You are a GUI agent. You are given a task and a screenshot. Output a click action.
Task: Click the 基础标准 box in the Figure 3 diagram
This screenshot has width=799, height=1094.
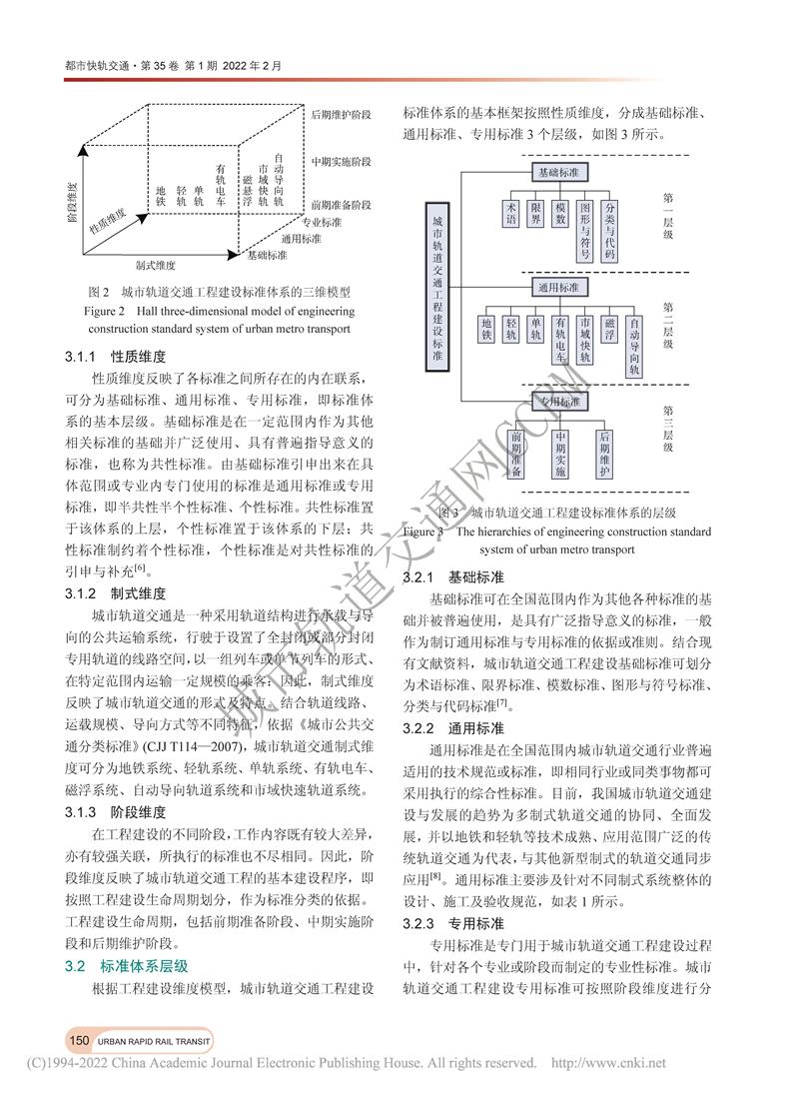click(559, 172)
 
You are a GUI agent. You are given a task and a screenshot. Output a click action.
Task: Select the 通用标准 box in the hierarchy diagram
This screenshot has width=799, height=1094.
click(559, 288)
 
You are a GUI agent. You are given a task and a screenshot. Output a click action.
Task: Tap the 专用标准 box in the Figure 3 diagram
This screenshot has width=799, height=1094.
click(559, 401)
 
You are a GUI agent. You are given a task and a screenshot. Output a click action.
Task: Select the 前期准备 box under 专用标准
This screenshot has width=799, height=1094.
click(515, 455)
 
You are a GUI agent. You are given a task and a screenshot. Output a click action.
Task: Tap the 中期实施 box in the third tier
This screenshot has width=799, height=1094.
click(560, 455)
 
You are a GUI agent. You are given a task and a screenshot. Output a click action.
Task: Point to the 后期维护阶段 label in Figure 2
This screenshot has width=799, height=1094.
click(341, 116)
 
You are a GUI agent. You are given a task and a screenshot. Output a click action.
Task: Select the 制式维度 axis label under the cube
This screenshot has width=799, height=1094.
click(155, 266)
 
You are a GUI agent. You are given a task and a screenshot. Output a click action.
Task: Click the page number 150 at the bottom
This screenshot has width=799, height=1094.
click(79, 1040)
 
